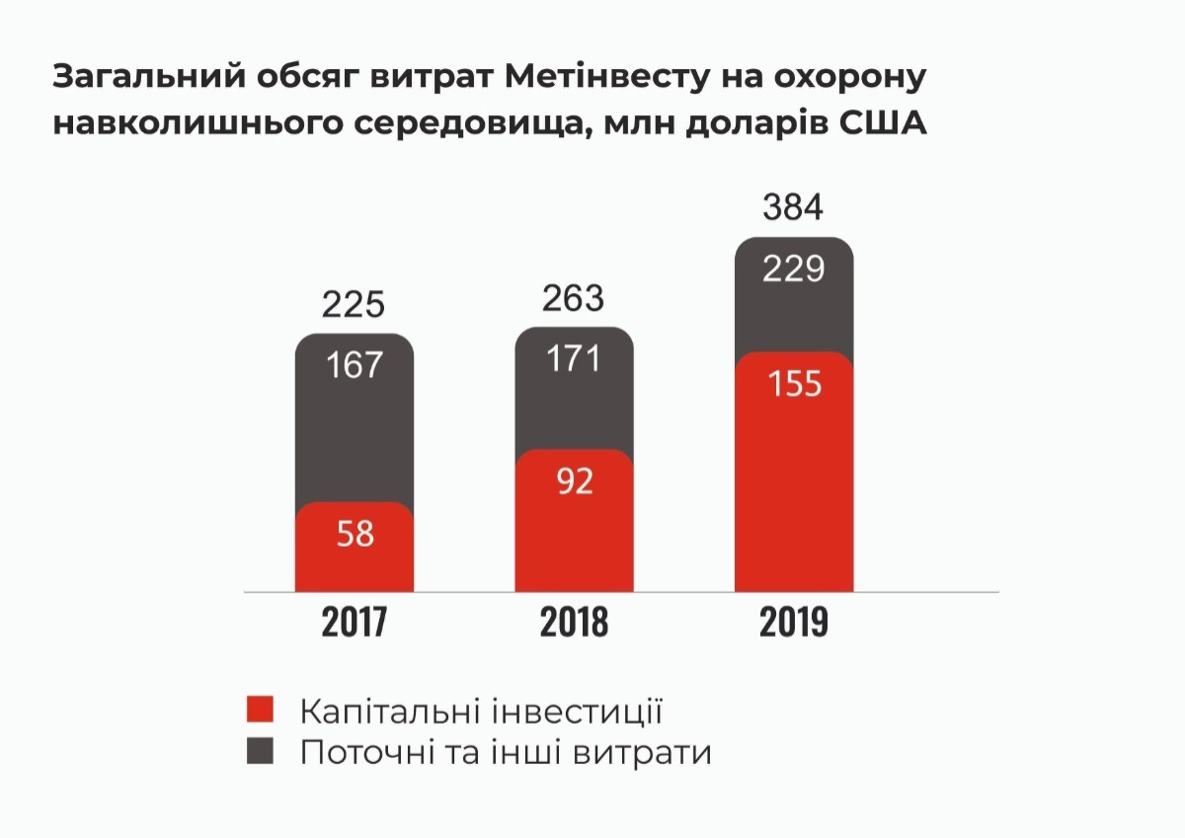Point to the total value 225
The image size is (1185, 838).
354,304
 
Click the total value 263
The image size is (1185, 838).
574,297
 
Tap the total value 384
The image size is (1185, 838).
794,208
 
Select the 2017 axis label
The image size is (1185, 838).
354,624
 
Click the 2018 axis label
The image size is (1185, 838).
574,624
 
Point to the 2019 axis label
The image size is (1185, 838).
794,624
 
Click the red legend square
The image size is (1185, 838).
259,711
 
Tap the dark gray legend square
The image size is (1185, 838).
259,752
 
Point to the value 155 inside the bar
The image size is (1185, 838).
794,383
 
